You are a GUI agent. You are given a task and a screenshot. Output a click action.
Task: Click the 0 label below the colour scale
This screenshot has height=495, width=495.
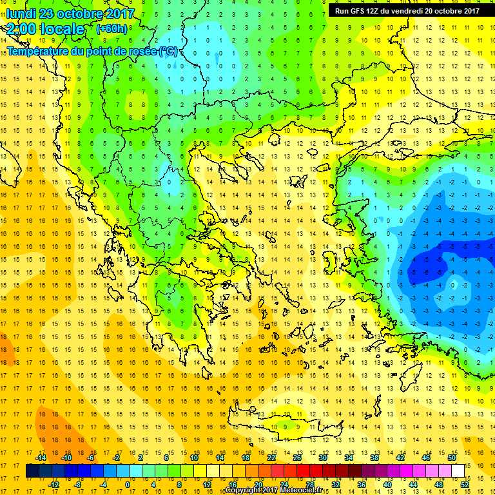(128, 485)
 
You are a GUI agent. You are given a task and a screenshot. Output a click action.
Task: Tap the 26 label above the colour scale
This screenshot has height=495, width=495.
(297, 458)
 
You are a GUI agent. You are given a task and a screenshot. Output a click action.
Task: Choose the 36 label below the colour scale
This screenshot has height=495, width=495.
(361, 485)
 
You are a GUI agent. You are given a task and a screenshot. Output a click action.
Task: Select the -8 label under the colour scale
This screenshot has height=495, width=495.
(77, 485)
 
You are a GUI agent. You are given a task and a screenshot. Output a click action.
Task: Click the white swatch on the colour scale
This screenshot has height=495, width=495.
(458, 471)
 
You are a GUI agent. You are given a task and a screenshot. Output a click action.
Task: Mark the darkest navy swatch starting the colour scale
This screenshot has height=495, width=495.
(32, 471)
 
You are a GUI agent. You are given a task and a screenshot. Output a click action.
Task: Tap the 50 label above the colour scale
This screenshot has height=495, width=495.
(452, 458)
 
